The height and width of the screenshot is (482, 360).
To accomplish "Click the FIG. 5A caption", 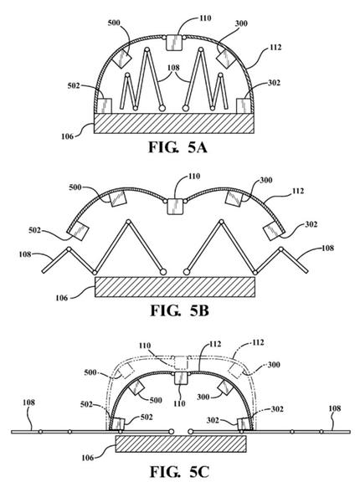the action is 177,147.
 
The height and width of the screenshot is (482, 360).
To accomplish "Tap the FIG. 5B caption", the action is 179,310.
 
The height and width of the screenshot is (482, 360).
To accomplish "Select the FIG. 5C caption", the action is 179,472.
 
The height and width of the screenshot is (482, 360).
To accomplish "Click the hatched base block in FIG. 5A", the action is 174,123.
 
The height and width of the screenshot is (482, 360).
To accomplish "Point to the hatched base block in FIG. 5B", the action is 175,287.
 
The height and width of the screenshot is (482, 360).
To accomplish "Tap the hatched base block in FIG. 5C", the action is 181,444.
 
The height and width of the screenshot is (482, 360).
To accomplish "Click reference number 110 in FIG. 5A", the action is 205,18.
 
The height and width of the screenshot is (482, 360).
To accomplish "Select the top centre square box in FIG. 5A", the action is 173,43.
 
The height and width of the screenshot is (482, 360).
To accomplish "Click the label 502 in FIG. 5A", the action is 74,85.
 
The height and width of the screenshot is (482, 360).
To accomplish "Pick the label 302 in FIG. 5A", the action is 274,83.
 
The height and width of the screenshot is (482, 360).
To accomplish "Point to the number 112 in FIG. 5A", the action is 275,48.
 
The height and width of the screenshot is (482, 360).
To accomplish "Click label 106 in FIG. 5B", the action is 61,298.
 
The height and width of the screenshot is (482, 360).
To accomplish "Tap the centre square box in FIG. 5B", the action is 175,207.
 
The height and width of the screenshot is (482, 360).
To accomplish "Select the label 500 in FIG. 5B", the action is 75,187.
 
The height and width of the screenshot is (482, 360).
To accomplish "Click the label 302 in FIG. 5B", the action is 311,224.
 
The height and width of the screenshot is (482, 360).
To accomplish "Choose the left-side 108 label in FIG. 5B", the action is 25,254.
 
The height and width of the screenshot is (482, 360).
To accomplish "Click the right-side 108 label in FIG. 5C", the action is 335,408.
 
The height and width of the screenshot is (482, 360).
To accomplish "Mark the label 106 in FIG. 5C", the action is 88,458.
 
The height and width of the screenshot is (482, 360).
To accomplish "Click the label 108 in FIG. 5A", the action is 173,68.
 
